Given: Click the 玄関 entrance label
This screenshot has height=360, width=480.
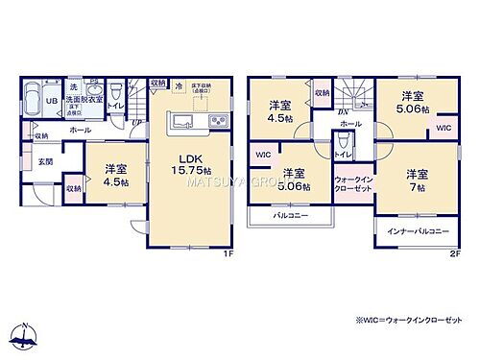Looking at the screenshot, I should tap(45, 161).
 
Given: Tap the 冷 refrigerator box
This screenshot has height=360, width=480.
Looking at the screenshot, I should tap(178, 87).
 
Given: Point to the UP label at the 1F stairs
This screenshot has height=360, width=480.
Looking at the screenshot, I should tap(134, 122).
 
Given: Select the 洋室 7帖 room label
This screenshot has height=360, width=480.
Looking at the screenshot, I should tap(416, 180).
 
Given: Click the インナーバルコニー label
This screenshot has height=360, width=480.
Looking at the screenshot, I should tap(417, 232).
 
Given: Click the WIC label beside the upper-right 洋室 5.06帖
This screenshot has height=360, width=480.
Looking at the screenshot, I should tap(444, 128).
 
